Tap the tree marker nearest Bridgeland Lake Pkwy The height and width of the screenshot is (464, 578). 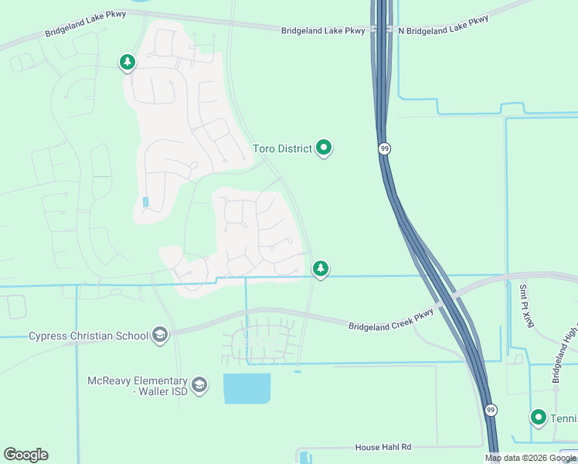coord(127,62)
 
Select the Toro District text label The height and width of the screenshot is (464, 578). coord(282,148)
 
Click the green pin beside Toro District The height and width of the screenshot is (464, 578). coord(324,147)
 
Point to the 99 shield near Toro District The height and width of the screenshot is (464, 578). coord(384,148)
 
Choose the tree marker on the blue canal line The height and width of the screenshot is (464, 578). coord(320,268)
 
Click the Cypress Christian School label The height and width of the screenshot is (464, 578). coord(88,336)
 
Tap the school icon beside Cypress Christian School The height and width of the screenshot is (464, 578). coord(160,334)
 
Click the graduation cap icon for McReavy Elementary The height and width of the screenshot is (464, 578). coord(199,385)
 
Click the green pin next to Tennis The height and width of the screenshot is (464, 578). coord(539,418)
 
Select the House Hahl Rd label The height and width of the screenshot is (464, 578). coord(383,447)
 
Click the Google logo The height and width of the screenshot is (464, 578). coord(25,455)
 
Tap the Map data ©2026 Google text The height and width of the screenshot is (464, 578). coord(531,458)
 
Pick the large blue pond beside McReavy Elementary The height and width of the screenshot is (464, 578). coord(247,388)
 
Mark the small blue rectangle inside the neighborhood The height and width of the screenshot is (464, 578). coord(145,202)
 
